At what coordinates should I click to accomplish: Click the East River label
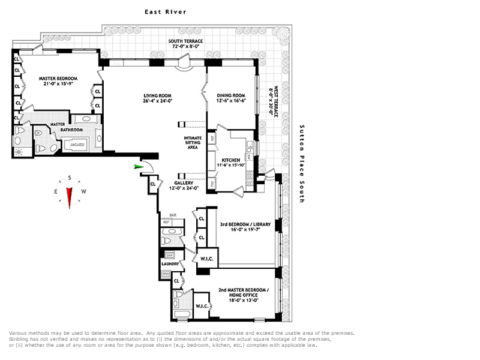tap(165, 11)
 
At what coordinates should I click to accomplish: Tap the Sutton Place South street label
tap(302, 163)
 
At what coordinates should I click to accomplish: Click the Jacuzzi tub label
tap(76, 145)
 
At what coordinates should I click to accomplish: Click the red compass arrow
tap(70, 197)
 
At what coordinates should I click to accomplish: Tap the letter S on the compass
tap(70, 178)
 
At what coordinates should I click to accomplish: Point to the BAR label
tap(173, 214)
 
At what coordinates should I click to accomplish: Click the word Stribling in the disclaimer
tap(20, 339)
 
